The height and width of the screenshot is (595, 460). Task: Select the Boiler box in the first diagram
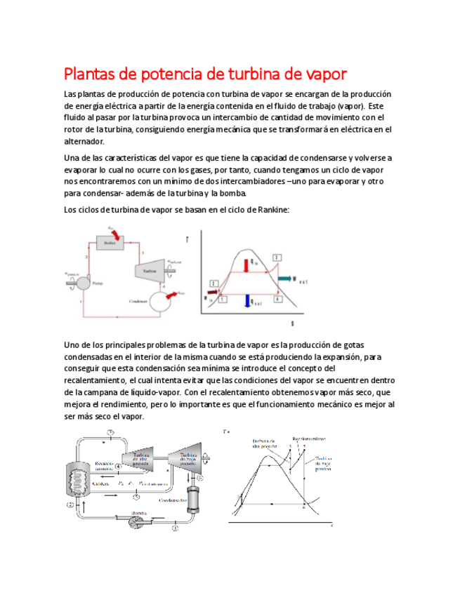click(x=109, y=243)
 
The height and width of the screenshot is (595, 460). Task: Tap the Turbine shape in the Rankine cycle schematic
click(x=148, y=270)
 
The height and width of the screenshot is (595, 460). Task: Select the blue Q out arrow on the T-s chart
click(x=247, y=300)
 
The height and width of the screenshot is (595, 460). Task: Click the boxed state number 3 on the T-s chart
click(x=277, y=258)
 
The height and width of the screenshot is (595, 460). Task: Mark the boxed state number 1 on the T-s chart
click(x=223, y=299)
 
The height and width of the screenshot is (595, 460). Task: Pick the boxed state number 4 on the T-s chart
click(x=279, y=299)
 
